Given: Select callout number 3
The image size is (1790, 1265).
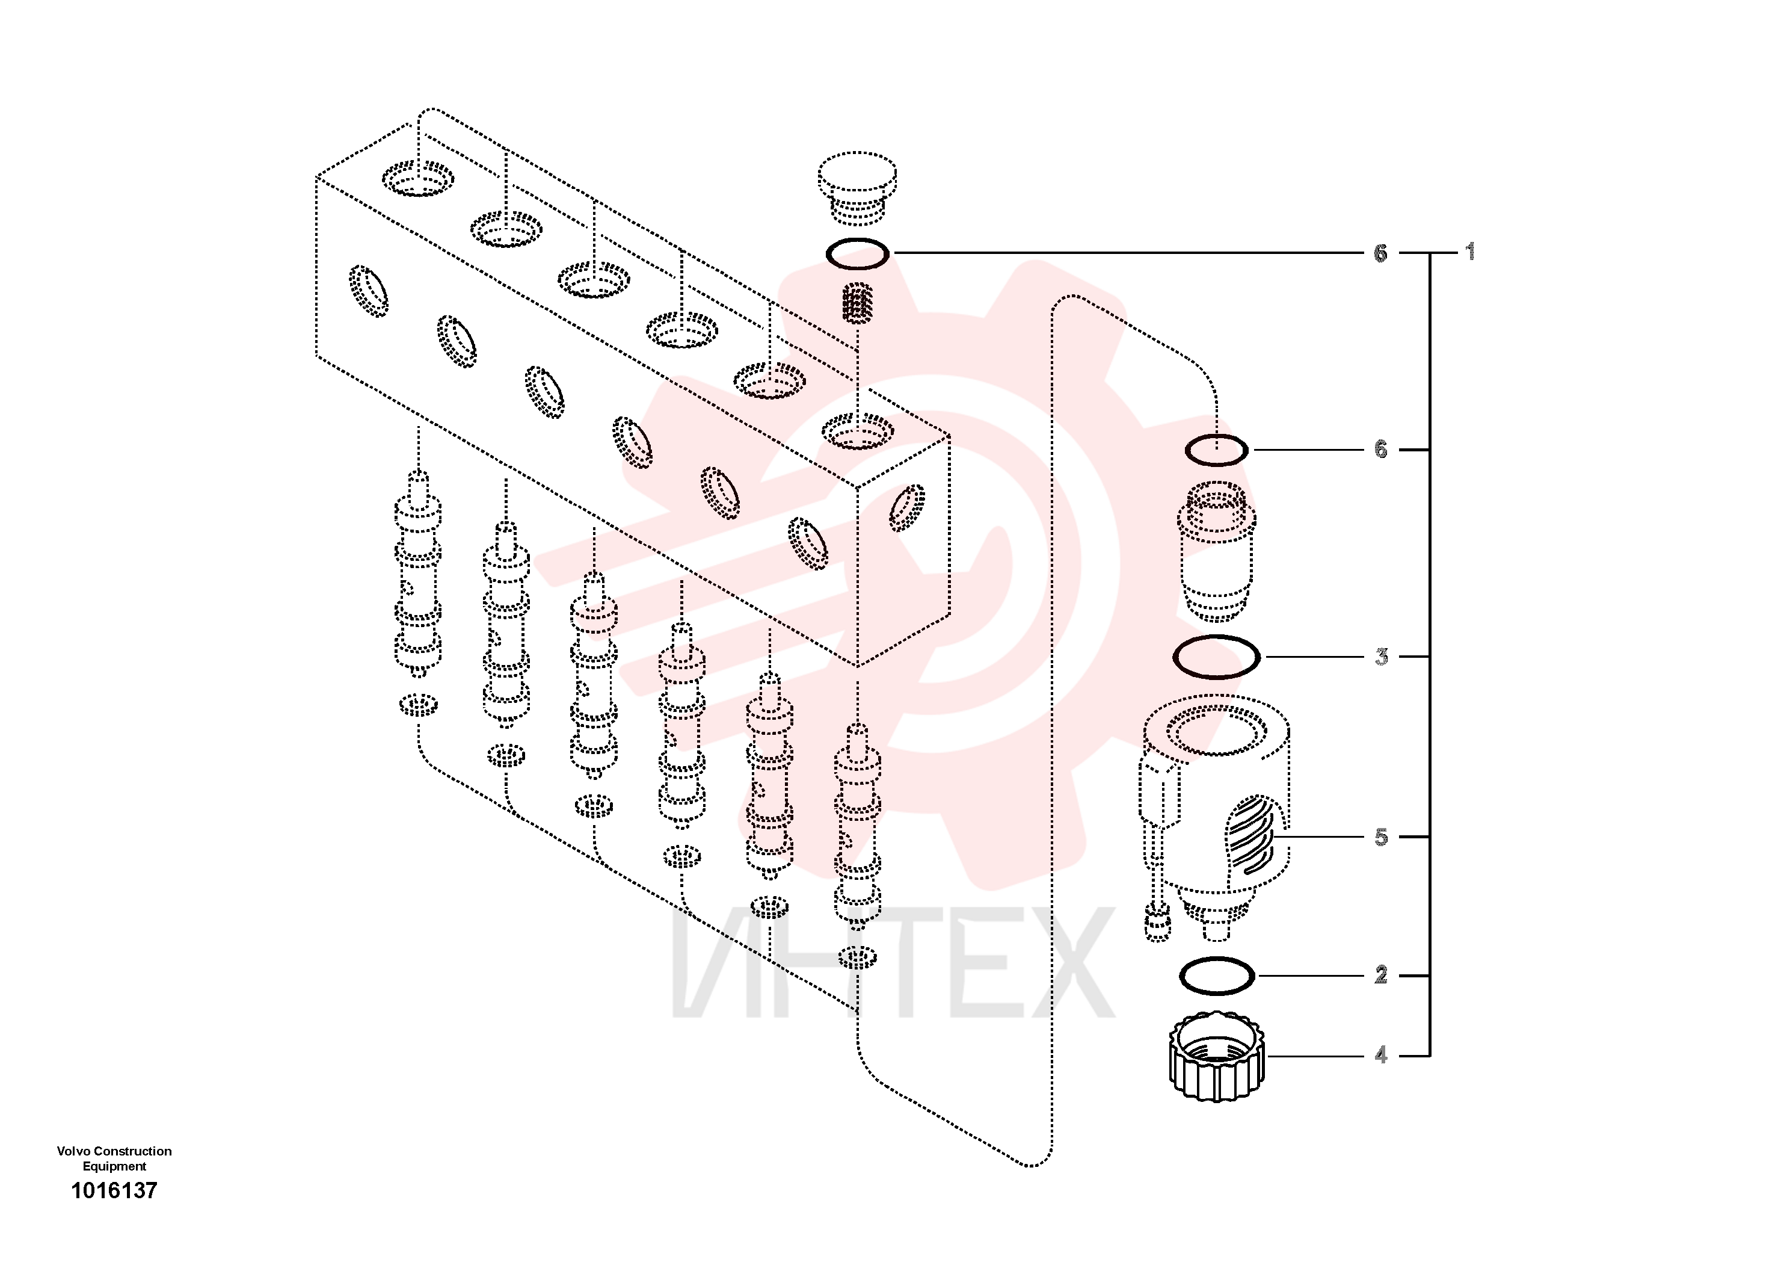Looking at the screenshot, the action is (1382, 657).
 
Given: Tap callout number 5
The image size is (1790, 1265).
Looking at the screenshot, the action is (1382, 837).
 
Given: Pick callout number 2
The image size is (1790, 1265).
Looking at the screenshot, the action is (1382, 975).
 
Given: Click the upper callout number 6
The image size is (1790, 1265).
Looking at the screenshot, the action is (1381, 253).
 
